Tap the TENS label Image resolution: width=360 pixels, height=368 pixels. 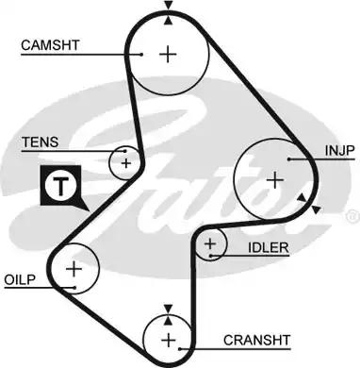pos(40,142)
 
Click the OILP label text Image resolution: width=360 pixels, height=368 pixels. pos(20,280)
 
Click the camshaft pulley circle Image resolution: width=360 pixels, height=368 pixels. pos(168,54)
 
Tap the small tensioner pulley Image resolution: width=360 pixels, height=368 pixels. pos(125,162)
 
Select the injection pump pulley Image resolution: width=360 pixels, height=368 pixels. pos(274,178)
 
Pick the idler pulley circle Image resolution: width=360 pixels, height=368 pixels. pos(210,246)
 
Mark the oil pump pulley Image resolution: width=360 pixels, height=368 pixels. pos(74,271)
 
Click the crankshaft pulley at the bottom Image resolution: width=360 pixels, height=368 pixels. pos(168,339)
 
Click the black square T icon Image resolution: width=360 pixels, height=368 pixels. pos(58,186)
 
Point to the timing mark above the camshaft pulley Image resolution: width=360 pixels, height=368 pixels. pos(168,8)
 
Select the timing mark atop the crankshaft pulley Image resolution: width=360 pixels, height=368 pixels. pos(168,309)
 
